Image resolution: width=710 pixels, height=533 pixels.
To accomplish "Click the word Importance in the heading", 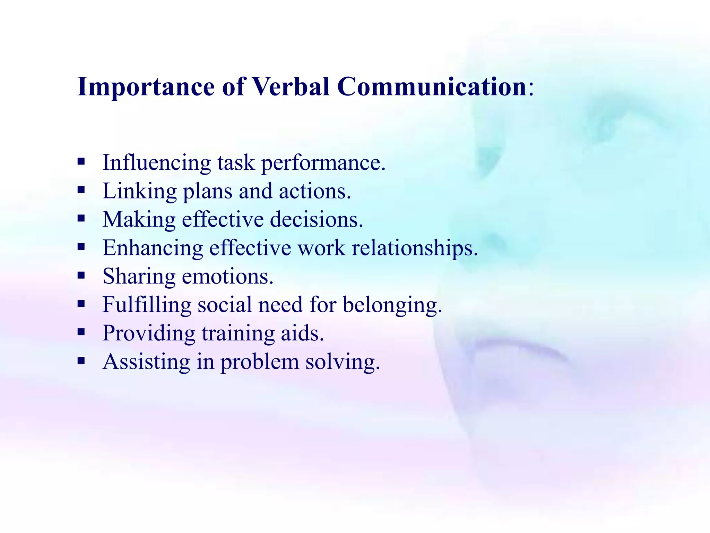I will click(x=146, y=87).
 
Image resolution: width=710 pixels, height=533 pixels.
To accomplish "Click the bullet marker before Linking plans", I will click(x=81, y=190).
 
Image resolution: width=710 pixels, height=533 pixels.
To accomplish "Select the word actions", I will click(x=314, y=191).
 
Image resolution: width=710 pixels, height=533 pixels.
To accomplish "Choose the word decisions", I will click(x=316, y=220).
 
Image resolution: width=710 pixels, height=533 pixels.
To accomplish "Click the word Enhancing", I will click(x=153, y=248).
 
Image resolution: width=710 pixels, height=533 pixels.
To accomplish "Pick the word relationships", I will click(x=415, y=248).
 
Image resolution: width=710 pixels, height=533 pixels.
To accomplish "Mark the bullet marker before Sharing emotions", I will click(x=81, y=276).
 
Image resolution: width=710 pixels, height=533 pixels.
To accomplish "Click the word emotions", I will click(x=227, y=277).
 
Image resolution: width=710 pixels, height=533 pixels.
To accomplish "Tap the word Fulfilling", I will click(x=147, y=305).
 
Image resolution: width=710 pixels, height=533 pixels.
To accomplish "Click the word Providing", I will click(x=149, y=334).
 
